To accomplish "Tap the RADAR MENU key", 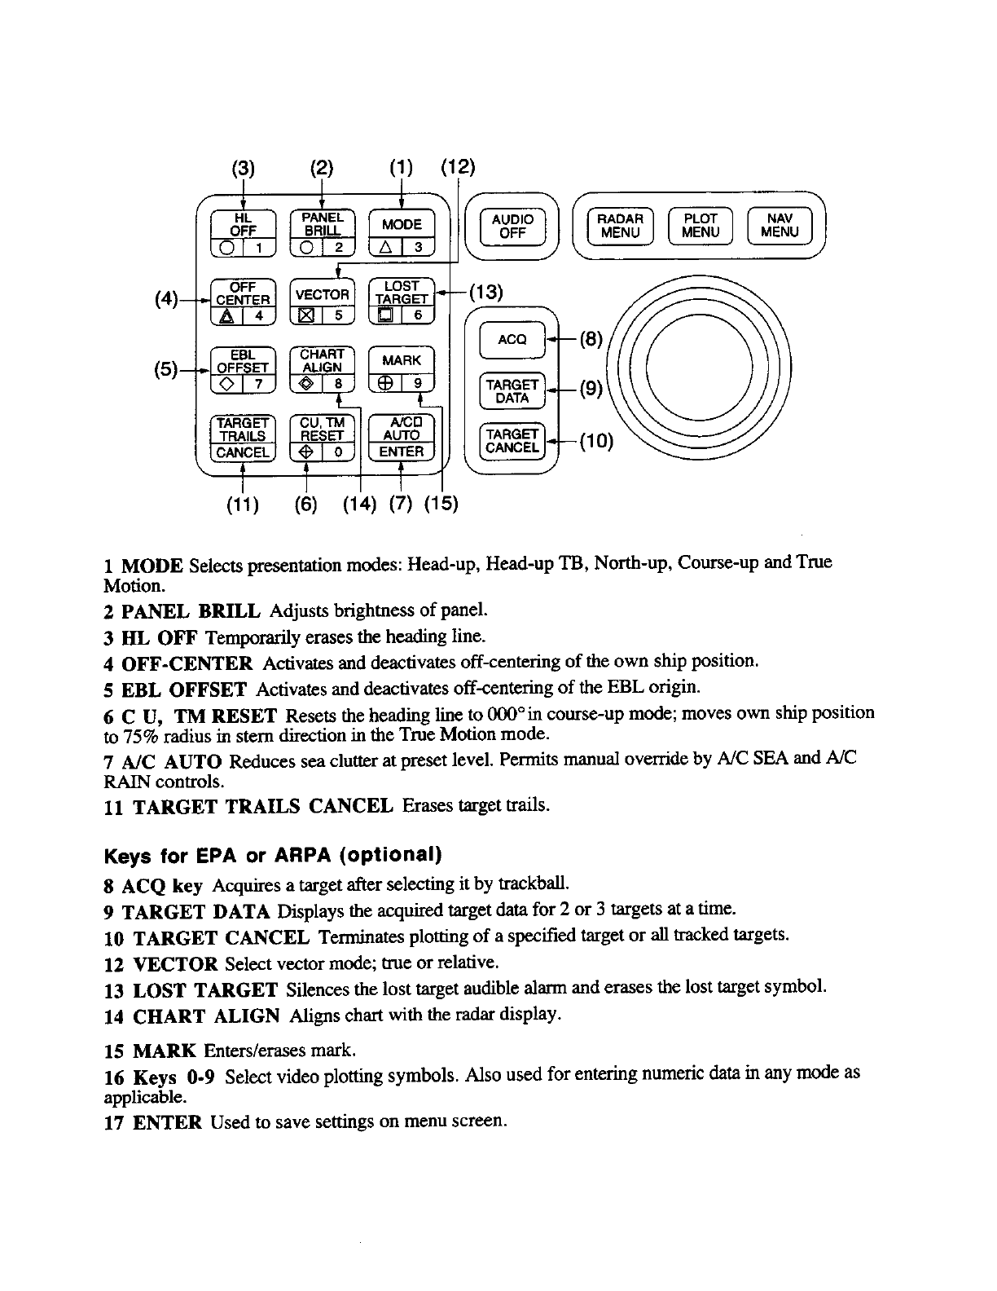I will pyautogui.click(x=620, y=226).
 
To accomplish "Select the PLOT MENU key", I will pyautogui.click(x=701, y=226).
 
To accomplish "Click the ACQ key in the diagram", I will pyautogui.click(x=512, y=339).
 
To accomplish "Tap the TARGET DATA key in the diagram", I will pyautogui.click(x=512, y=392).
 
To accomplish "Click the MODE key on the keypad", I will pyautogui.click(x=402, y=224).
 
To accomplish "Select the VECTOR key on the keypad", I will pyautogui.click(x=323, y=294).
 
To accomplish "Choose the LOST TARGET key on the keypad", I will pyautogui.click(x=402, y=293).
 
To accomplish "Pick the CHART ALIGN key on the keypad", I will pyautogui.click(x=323, y=361).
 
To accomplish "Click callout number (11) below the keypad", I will pyautogui.click(x=242, y=505).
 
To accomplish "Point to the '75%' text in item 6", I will pyautogui.click(x=121, y=733).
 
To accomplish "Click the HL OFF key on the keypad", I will pyautogui.click(x=244, y=224).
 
